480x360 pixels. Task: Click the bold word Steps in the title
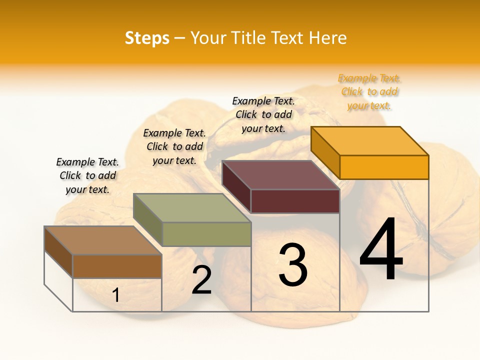click(147, 38)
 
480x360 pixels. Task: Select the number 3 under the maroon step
click(293, 265)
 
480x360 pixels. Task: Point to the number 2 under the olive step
click(202, 280)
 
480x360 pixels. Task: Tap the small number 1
click(116, 295)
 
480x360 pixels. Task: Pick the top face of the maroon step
click(280, 174)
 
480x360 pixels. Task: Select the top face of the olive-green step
click(191, 207)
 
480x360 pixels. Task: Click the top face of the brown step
click(102, 240)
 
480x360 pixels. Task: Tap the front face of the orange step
click(384, 167)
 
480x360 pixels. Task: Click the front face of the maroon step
click(295, 201)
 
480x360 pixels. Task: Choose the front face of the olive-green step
click(206, 234)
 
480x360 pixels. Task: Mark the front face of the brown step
click(117, 266)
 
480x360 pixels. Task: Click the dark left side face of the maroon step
click(236, 186)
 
